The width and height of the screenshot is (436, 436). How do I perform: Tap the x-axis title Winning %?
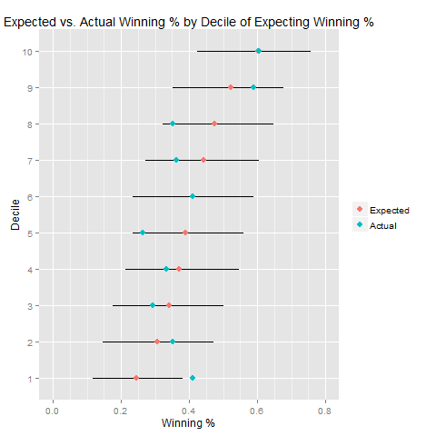(188, 423)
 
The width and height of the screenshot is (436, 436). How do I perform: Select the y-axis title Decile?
(15, 214)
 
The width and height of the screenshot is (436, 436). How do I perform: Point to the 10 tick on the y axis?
(30, 51)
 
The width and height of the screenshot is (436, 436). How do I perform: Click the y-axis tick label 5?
(32, 233)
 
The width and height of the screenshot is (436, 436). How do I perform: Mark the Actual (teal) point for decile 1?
(193, 378)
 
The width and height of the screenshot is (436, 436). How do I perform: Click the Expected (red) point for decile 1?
(136, 378)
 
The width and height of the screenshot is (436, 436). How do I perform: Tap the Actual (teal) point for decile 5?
(143, 233)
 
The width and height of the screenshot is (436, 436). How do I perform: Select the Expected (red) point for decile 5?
(185, 233)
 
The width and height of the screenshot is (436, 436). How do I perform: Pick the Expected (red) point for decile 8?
(214, 124)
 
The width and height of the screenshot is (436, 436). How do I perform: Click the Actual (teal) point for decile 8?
(173, 124)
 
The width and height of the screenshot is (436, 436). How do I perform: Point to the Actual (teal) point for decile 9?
(253, 87)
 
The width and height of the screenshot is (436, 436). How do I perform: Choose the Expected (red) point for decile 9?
(231, 87)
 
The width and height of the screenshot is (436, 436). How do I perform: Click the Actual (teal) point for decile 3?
(153, 305)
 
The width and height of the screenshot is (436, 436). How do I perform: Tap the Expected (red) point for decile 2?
(157, 342)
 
